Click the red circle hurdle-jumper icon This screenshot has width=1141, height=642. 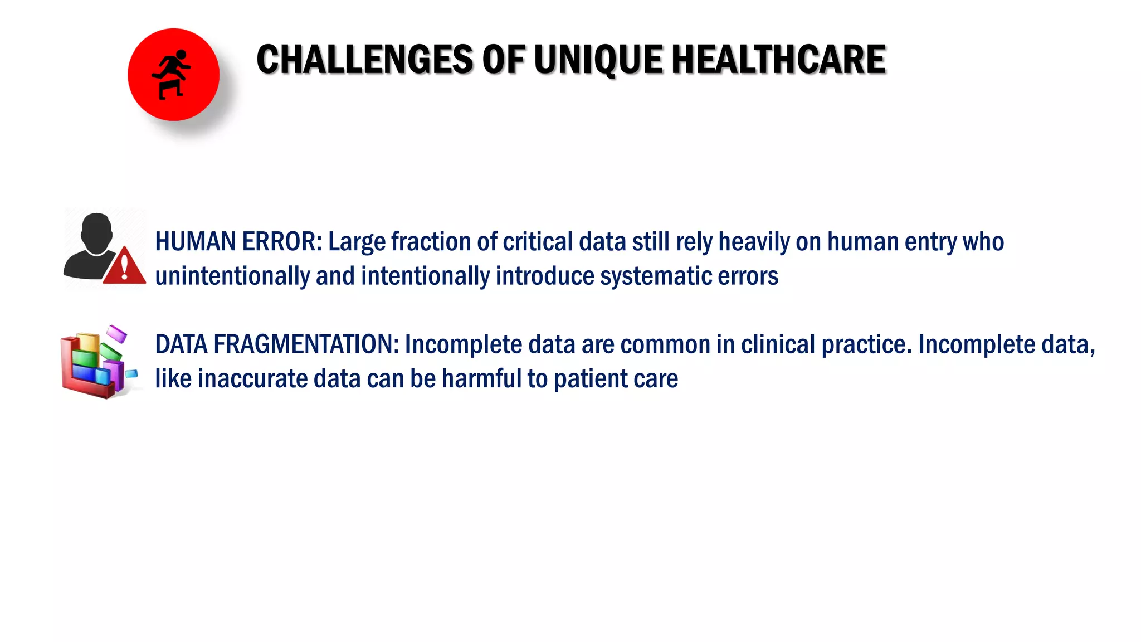pos(173,75)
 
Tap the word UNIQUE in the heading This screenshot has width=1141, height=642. pos(598,60)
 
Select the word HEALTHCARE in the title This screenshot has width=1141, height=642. pos(779,60)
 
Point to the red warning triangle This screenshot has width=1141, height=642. pos(125,266)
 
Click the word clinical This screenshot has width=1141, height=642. pos(778,344)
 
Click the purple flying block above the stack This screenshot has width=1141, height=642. pos(117,333)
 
